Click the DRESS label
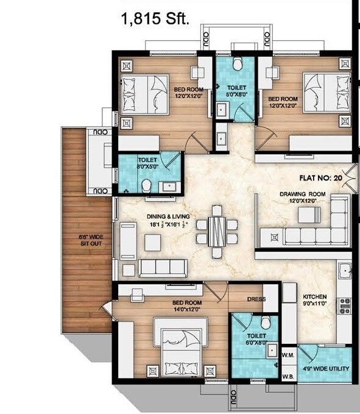click(x=255, y=299)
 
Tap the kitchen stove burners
click(x=345, y=305)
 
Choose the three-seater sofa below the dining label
click(x=163, y=267)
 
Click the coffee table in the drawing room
click(x=308, y=215)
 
